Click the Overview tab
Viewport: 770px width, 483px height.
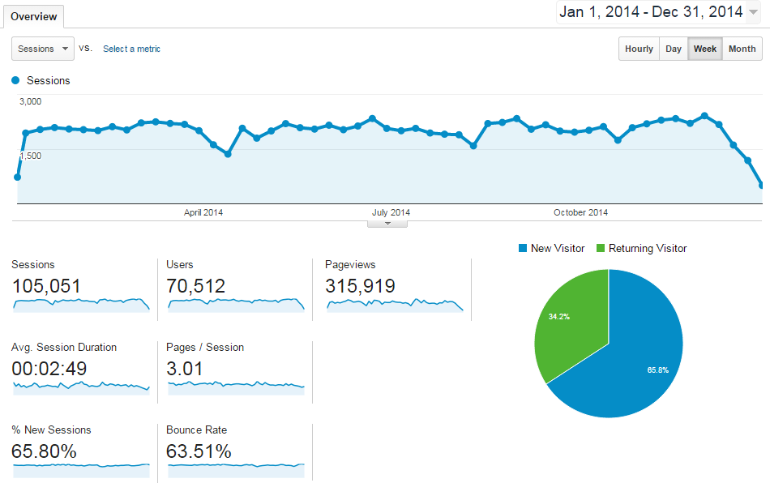33,16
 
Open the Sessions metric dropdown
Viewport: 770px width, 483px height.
43,49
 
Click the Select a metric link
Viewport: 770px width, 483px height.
131,49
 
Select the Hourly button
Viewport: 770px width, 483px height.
639,49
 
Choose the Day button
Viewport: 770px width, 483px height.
674,49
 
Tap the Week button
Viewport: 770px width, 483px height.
704,49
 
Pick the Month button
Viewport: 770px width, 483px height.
742,49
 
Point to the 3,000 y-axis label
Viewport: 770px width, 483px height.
31,101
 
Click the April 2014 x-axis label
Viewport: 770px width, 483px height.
203,212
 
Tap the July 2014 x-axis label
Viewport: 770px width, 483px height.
391,212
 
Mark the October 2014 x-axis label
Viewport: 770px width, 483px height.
580,212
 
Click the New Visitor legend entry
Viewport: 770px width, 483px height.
551,248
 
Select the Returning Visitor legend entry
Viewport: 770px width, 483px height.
641,248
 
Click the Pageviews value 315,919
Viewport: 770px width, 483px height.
360,286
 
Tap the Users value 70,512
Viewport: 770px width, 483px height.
195,286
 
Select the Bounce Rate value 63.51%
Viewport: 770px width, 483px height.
199,451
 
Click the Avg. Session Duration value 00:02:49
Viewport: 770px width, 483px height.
49,369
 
